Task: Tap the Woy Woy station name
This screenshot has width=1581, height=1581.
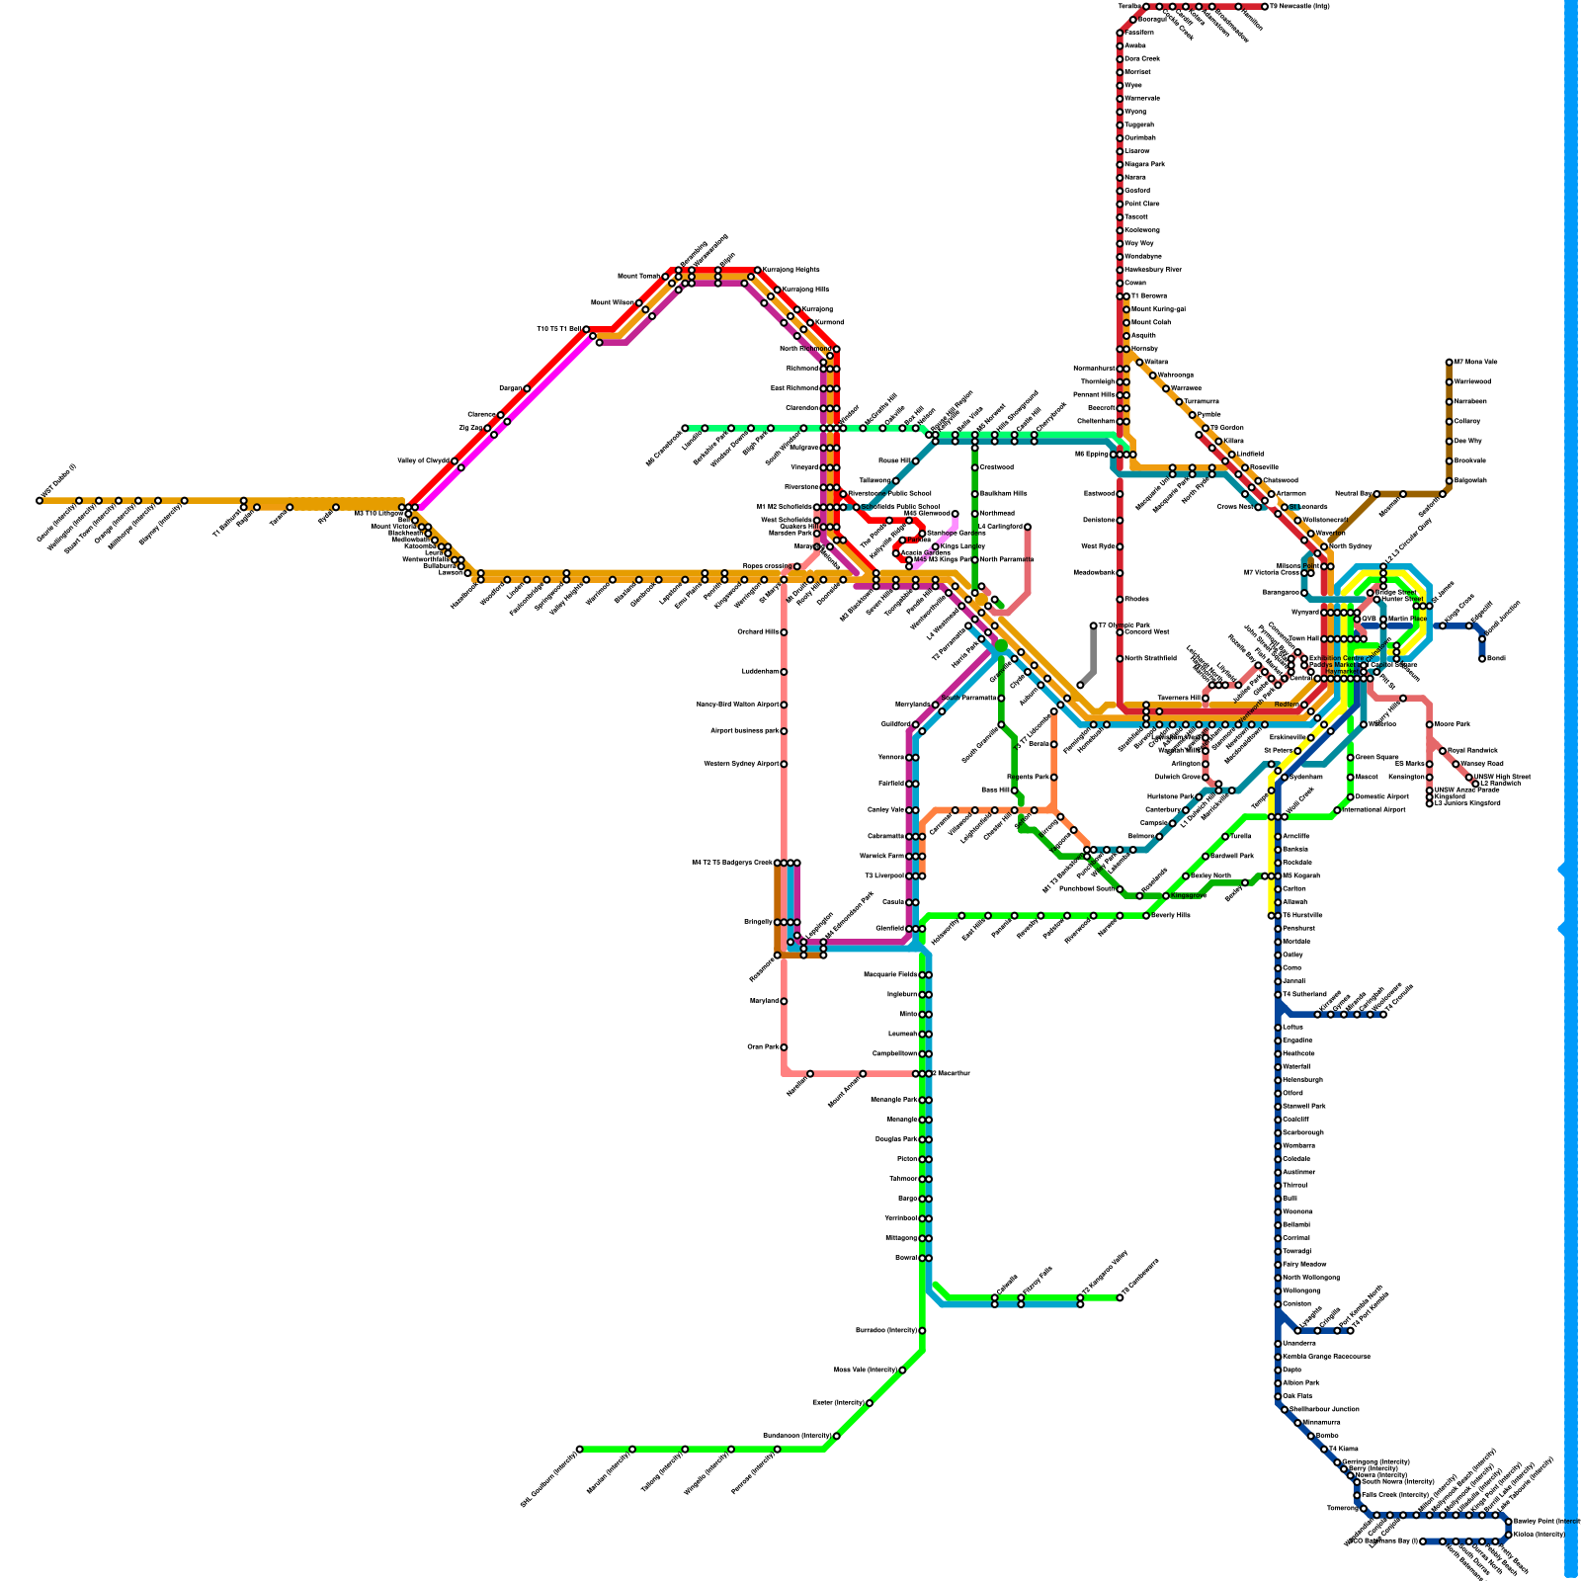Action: tap(1138, 243)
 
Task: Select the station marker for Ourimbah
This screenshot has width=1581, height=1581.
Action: tap(1121, 138)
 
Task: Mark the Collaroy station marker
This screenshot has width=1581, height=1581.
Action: tap(1450, 422)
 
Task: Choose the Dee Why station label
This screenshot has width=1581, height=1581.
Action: tap(1468, 442)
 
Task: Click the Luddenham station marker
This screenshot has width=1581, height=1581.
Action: tap(784, 672)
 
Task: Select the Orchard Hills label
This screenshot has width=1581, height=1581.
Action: tap(758, 632)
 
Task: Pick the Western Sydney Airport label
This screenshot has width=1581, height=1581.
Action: tap(741, 764)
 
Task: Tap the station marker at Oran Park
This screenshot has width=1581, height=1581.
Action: tap(784, 1047)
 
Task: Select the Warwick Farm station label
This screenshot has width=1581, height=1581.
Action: tap(884, 857)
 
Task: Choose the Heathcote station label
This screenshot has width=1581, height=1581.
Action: tap(1297, 1054)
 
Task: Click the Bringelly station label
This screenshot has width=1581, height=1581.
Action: tap(759, 922)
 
